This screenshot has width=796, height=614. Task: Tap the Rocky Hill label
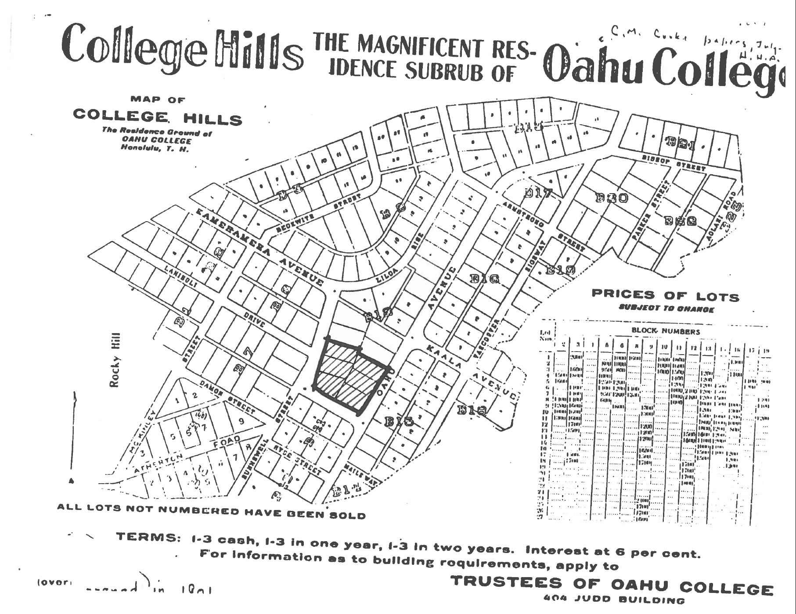(115, 360)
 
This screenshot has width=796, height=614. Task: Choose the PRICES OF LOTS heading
(665, 295)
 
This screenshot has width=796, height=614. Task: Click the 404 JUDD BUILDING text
(614, 599)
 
